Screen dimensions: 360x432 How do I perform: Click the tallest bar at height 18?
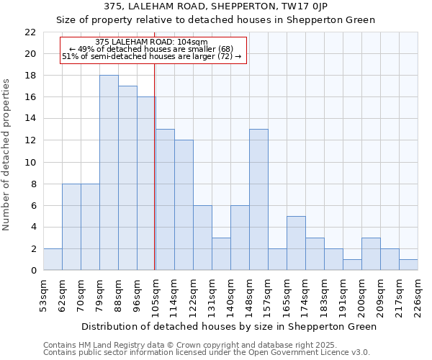pos(109,173)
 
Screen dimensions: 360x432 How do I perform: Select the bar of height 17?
pos(127,178)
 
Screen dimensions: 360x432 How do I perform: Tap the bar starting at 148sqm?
pos(258,199)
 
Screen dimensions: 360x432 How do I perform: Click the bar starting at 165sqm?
pos(296,243)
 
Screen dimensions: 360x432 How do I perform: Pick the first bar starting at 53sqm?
pos(53,259)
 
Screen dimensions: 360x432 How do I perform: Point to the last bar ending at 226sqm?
pos(408,264)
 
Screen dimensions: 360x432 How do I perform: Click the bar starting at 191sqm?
pos(352,264)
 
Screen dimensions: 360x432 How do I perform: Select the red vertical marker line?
pos(155,180)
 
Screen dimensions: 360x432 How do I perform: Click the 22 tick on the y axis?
pos(30,32)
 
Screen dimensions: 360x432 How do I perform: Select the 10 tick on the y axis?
pos(30,162)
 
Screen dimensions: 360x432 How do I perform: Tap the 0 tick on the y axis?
pos(33,270)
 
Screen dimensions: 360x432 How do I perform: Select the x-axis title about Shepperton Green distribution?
pos(229,326)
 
